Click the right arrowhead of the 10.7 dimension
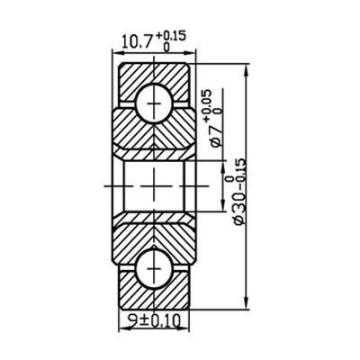192,53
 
